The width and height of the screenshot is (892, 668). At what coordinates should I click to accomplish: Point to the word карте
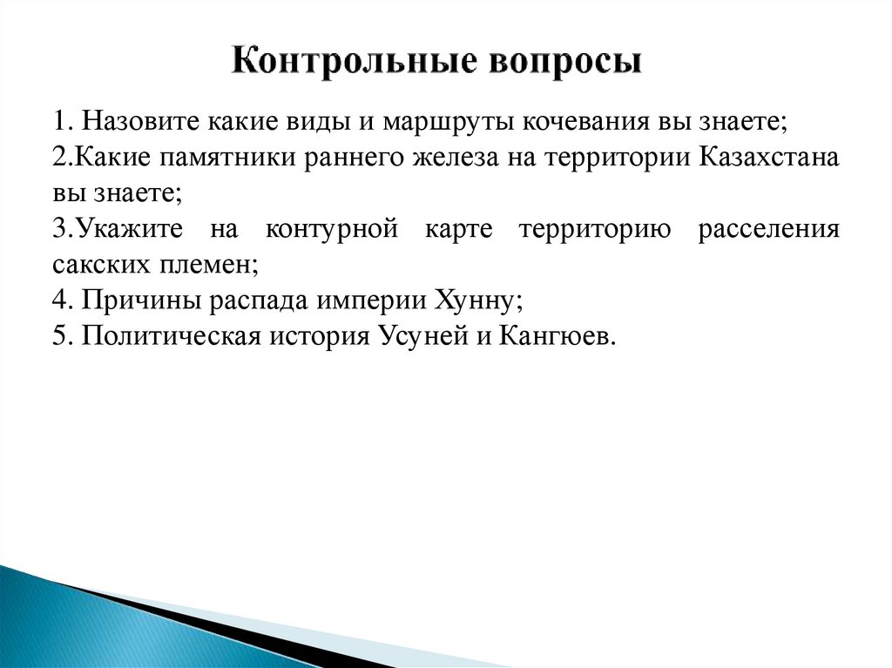pyautogui.click(x=462, y=230)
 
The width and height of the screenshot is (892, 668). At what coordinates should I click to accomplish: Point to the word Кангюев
pyautogui.click(x=557, y=335)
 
